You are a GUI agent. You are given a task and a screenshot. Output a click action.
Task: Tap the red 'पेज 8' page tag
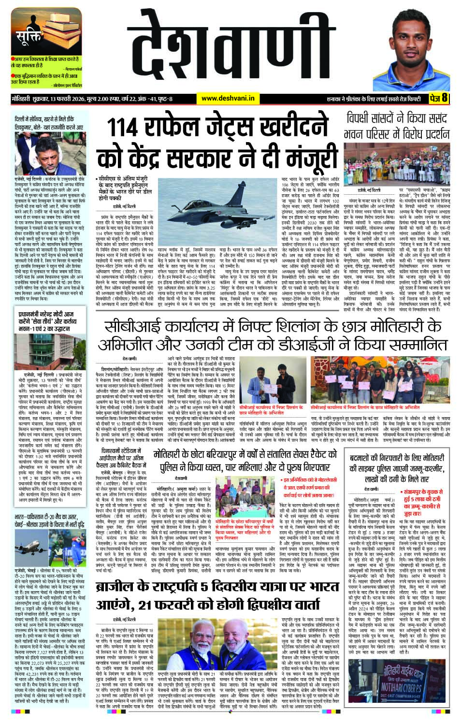tap(438, 98)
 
